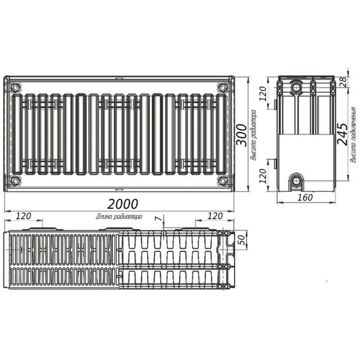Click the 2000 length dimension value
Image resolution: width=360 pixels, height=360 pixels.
coord(123,203)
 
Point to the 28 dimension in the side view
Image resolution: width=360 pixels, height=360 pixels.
coord(343,82)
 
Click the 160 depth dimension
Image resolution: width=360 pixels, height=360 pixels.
coord(307,197)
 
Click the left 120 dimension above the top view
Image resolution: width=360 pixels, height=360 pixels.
coord(24,215)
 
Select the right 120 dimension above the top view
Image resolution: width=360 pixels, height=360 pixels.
coord(214,215)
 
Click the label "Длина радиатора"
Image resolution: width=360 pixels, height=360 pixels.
coord(118,217)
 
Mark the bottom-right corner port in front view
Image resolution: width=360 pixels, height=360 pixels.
coord(223,180)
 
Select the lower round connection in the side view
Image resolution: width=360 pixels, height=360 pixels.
coord(296,180)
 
